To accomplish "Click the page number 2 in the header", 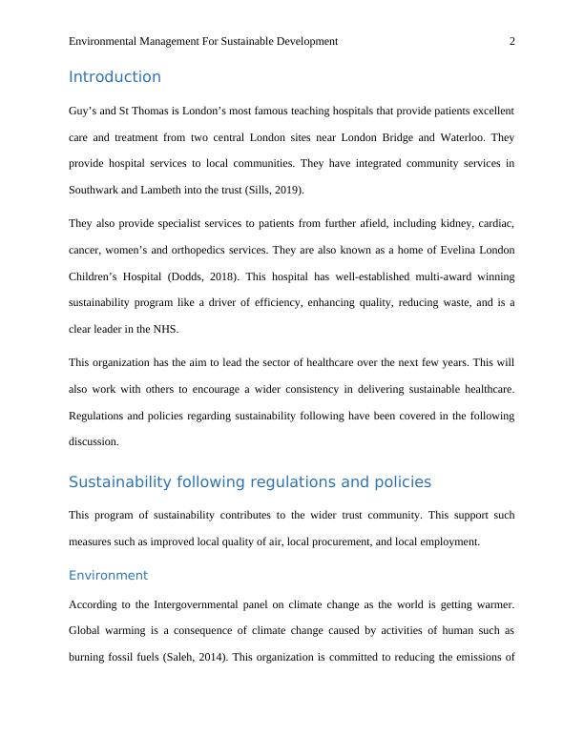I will pyautogui.click(x=512, y=41).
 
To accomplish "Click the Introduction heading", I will pyautogui.click(x=115, y=77).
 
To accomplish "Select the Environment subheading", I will pyautogui.click(x=108, y=575).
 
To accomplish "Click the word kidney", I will pyautogui.click(x=424, y=223).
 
